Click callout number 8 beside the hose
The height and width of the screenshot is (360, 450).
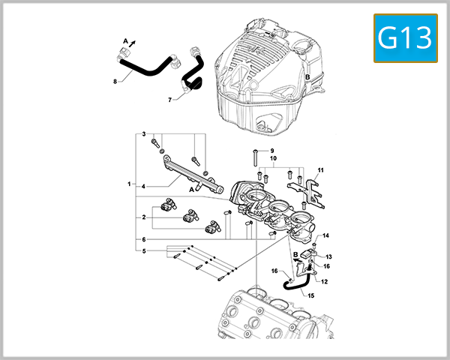coord(115,82)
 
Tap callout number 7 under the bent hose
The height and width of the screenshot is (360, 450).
coord(170,100)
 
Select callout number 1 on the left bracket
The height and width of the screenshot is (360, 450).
coord(130,184)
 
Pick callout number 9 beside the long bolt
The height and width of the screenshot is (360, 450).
coord(272,151)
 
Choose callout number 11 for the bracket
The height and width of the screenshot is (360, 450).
coord(320,171)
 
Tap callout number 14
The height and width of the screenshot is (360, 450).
coord(326,236)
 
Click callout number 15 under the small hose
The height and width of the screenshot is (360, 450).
coord(311,295)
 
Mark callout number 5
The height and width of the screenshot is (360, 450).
coord(143,250)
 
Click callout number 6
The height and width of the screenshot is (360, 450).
coord(143,239)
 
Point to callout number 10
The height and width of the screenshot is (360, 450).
coord(273,159)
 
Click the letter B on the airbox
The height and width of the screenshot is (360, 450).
coord(307,77)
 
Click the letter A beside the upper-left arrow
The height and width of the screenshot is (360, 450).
coord(125,39)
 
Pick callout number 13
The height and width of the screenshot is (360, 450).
coord(328,256)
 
